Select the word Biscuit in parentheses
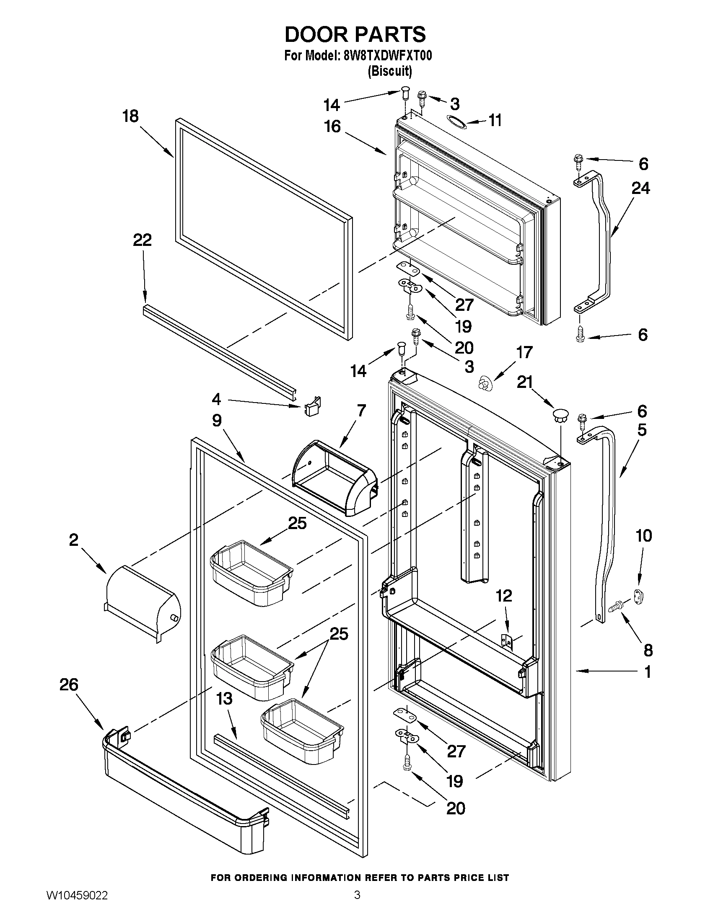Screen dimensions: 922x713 (x=389, y=71)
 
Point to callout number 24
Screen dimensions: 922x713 (x=640, y=188)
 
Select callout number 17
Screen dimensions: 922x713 (x=525, y=352)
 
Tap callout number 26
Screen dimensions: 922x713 (x=69, y=684)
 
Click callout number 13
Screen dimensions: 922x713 (x=224, y=699)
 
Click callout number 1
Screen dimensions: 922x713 (x=647, y=672)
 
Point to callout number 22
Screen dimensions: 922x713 (x=143, y=240)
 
